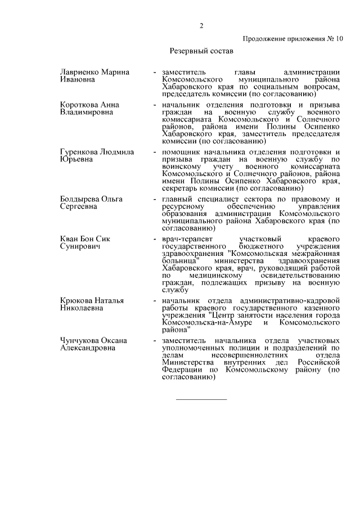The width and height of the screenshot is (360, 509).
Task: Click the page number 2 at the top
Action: pyautogui.click(x=200, y=25)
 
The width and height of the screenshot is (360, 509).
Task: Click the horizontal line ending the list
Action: pyautogui.click(x=201, y=399)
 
